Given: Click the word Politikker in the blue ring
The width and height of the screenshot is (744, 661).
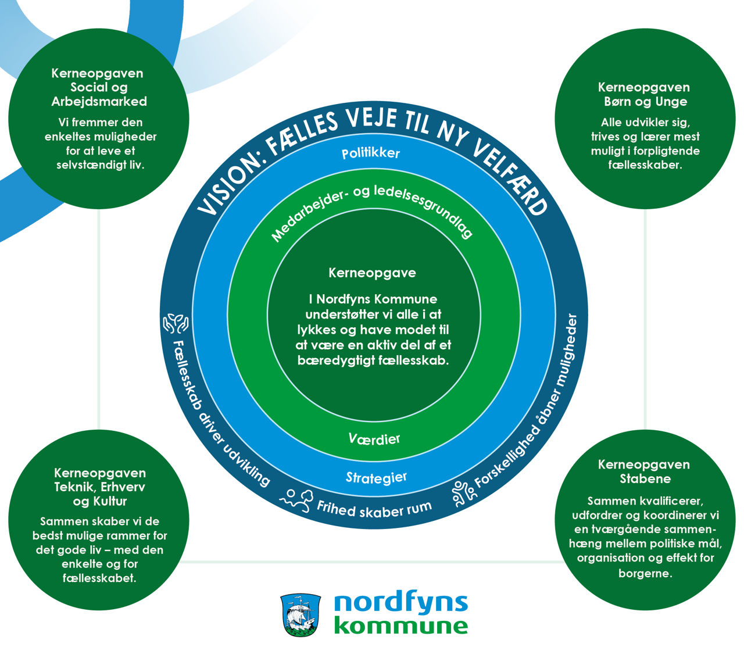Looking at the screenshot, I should coord(371,153).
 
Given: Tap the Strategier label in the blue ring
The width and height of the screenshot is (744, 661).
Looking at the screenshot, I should coord(376,478).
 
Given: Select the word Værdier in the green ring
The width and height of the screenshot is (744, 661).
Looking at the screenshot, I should coord(374,439).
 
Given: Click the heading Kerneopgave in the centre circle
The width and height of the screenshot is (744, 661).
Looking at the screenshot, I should coord(372,273).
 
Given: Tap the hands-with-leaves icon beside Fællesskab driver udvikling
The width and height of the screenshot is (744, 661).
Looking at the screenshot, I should coord(175,323).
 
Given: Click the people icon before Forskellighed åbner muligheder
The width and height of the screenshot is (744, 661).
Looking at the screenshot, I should coord(464,493).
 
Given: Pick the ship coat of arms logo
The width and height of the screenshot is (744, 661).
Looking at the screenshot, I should coord(301,615).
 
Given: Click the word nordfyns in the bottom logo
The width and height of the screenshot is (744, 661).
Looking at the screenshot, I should coord(401,603).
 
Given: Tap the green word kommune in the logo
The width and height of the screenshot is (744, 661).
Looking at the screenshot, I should coord(401,626).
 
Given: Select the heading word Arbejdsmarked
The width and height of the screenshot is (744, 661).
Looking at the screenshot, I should coord(99,102).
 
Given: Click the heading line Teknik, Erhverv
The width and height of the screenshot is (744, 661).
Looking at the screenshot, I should coord(99,487).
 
